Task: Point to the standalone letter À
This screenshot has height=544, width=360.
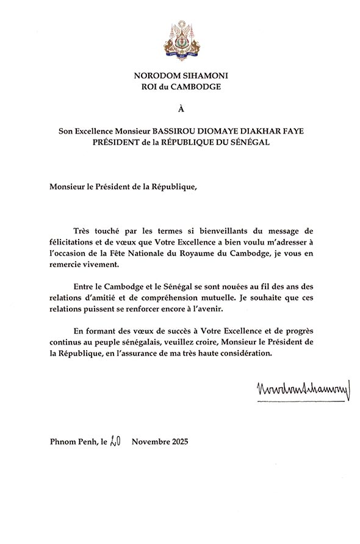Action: click(180, 110)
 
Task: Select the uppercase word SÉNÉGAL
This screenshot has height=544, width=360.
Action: click(248, 143)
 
